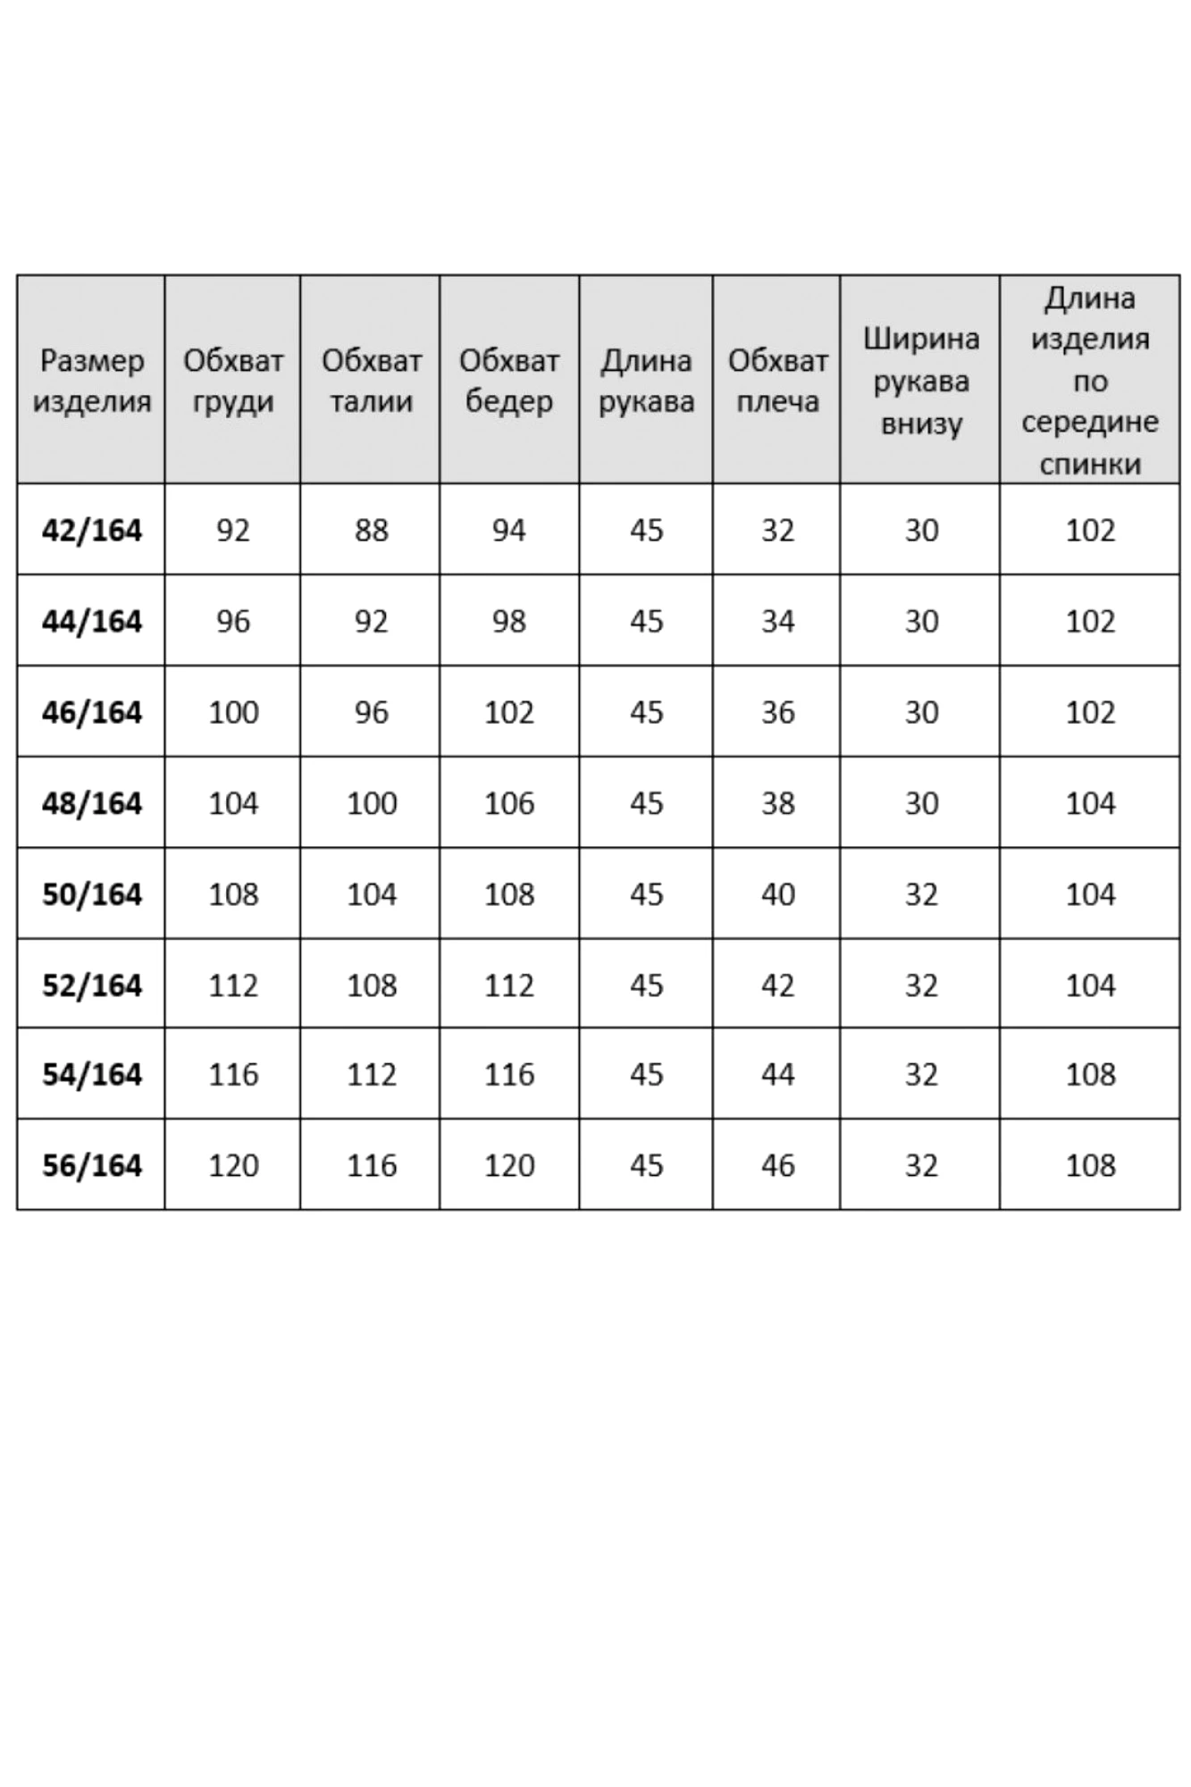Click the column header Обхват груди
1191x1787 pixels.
(233, 381)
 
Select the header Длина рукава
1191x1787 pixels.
(646, 381)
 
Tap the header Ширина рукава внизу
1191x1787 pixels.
(920, 381)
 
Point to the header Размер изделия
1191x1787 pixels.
(91, 381)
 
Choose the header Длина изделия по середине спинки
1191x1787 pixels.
(1090, 381)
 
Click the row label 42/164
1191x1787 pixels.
(91, 531)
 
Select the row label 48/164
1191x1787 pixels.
(91, 803)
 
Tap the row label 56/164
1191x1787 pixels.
(91, 1165)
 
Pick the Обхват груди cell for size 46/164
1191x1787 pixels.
(233, 712)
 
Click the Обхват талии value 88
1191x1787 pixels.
(371, 531)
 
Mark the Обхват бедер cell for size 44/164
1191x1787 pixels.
(509, 621)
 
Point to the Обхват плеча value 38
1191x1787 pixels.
(777, 803)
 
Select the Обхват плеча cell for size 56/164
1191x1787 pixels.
(777, 1165)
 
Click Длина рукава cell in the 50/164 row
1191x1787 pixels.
(646, 894)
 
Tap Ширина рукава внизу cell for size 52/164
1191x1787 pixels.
(920, 986)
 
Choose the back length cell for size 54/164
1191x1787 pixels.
(1090, 1074)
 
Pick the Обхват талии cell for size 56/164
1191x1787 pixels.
(371, 1165)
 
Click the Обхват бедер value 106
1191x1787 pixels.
(509, 803)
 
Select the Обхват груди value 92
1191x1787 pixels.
(233, 531)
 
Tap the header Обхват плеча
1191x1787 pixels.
(777, 381)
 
